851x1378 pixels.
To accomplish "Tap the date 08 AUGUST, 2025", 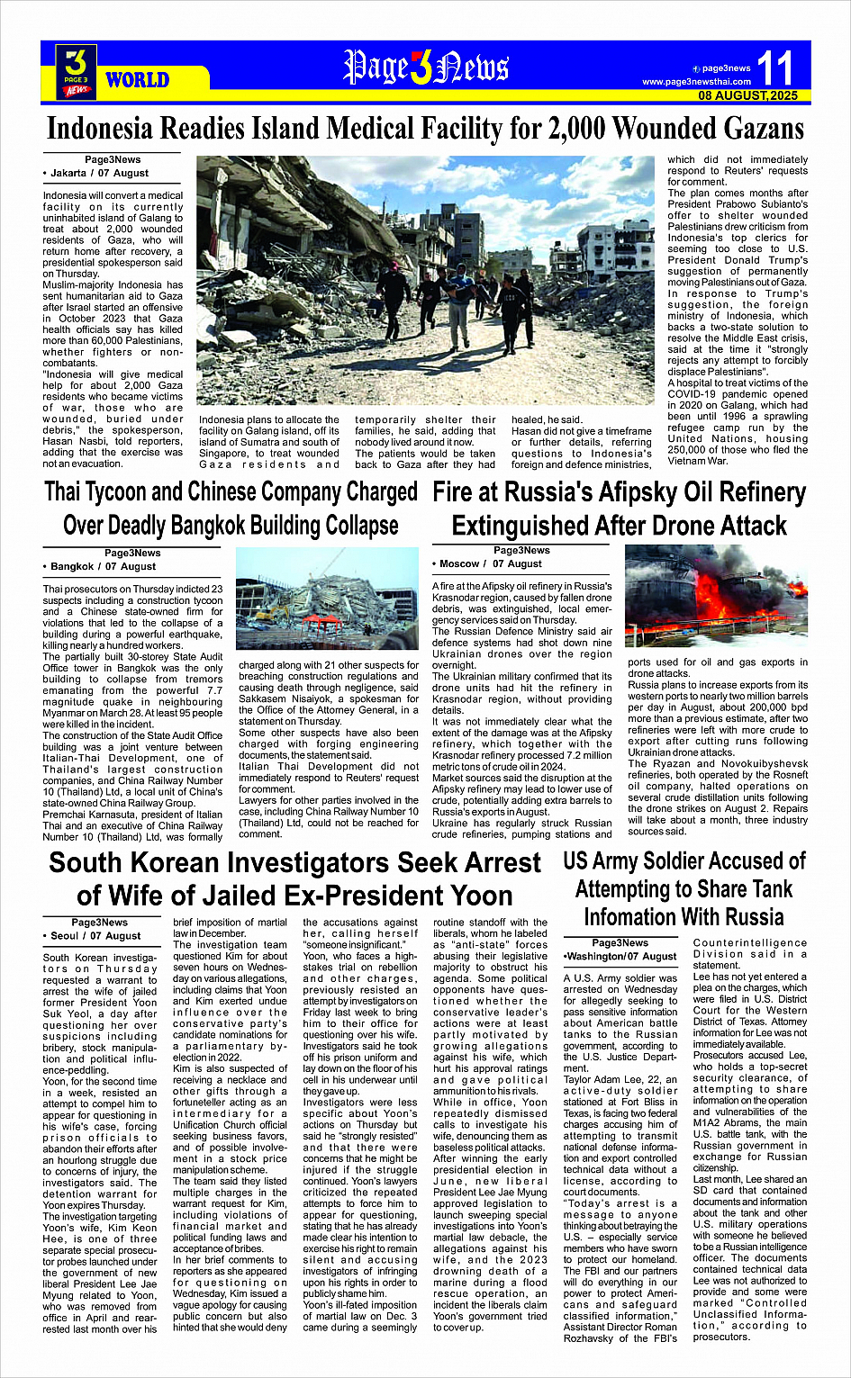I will point(747,95).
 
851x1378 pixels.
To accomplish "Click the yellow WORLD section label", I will point(137,80).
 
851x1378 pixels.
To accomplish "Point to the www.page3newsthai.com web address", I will point(696,82).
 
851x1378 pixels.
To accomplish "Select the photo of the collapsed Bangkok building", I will point(327,600).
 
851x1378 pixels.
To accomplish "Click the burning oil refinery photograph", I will point(716,595).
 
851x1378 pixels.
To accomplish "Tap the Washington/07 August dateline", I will point(620,956).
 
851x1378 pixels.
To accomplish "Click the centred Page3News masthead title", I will point(425,68).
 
